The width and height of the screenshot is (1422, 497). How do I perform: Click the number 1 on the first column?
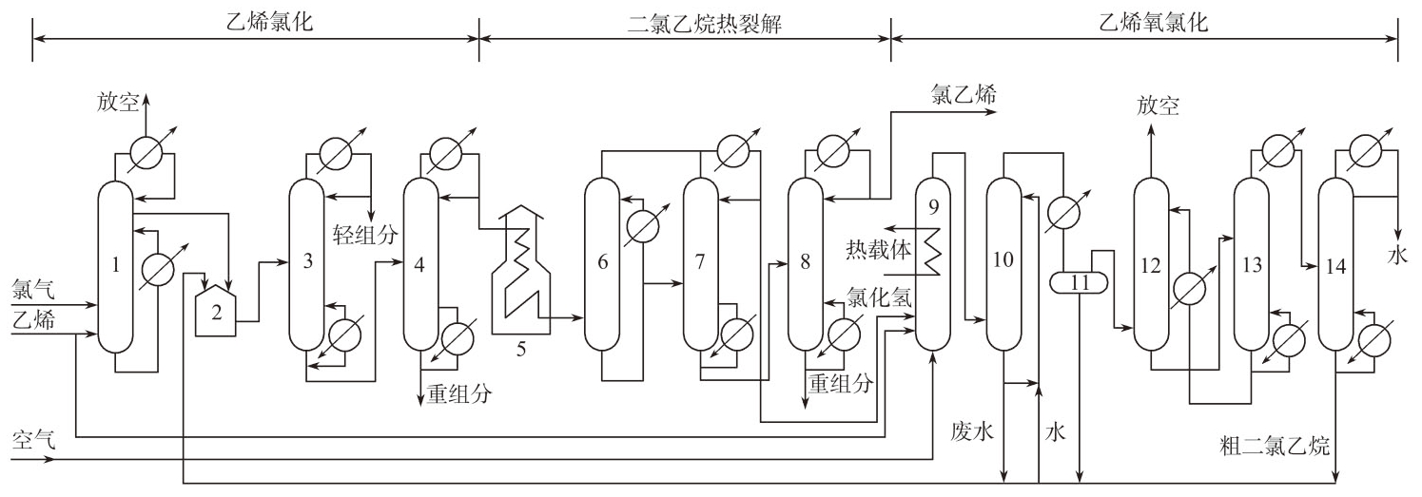pyautogui.click(x=115, y=265)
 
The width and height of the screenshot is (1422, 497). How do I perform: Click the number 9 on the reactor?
pyautogui.click(x=932, y=204)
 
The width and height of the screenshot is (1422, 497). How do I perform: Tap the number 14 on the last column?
pyautogui.click(x=1335, y=266)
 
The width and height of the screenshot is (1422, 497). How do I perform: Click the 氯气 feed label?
pyautogui.click(x=33, y=285)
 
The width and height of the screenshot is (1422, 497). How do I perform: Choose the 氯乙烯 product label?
pyautogui.click(x=963, y=92)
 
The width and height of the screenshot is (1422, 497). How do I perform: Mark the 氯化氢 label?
pyautogui.click(x=880, y=297)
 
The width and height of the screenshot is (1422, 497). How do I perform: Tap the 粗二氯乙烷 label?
pyautogui.click(x=1275, y=443)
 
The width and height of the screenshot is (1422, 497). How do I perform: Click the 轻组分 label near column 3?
pyautogui.click(x=366, y=231)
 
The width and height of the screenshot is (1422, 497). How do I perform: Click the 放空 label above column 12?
pyautogui.click(x=1158, y=106)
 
